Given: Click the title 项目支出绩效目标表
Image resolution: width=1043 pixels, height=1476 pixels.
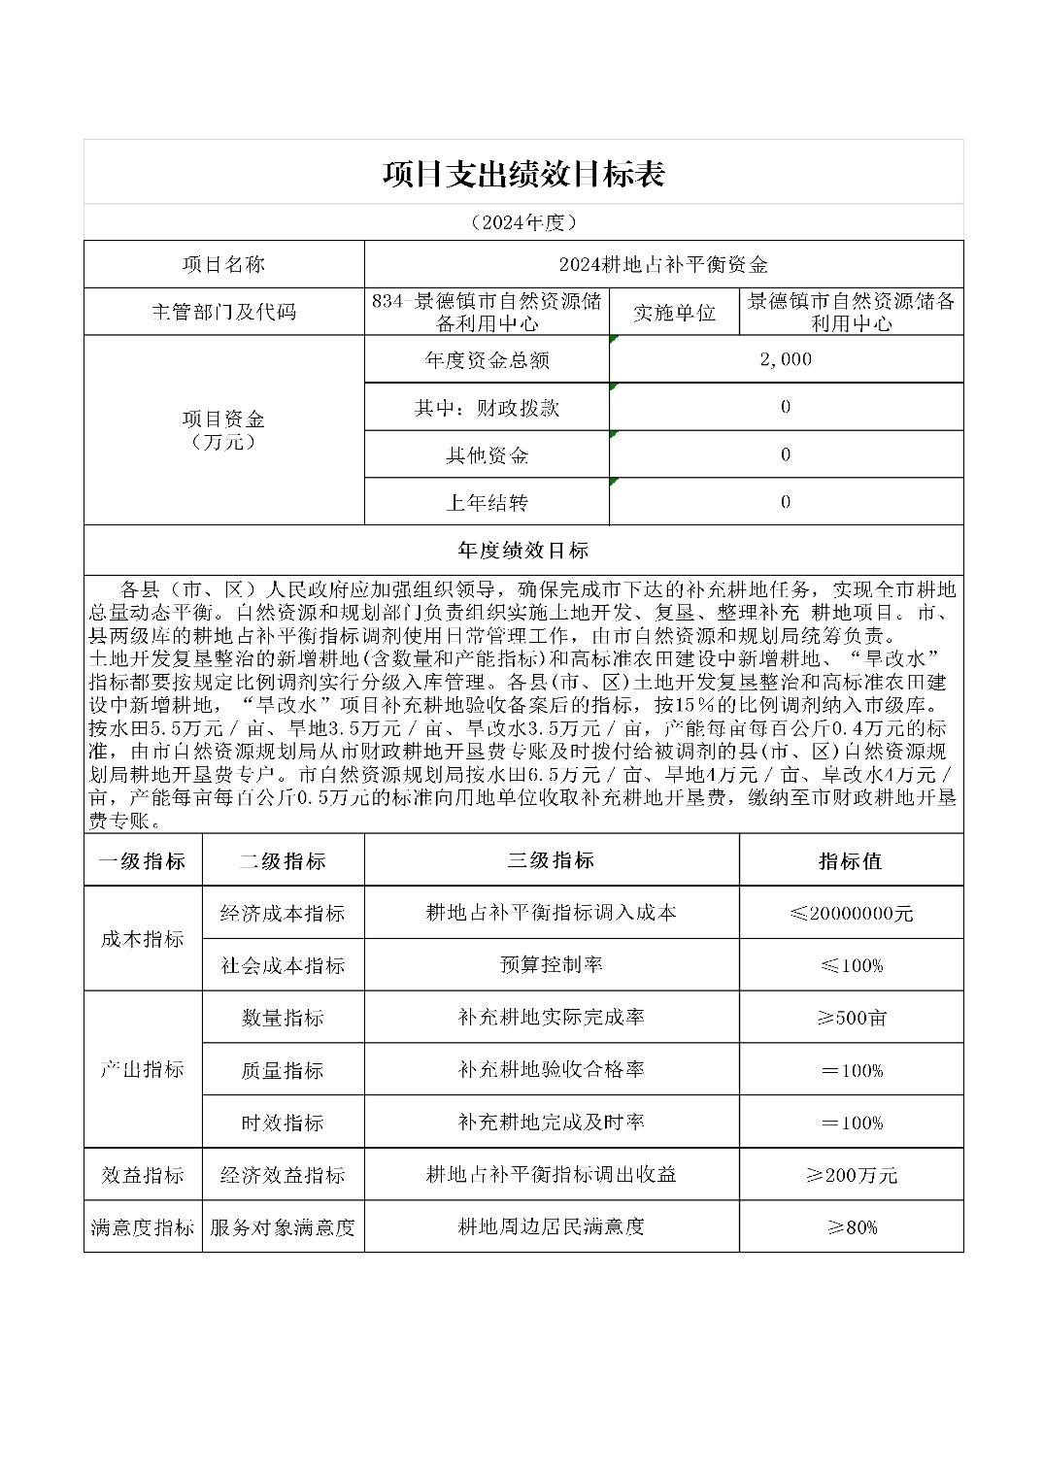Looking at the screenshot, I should click(522, 174).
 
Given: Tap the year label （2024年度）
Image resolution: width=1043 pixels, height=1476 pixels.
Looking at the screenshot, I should click(522, 222).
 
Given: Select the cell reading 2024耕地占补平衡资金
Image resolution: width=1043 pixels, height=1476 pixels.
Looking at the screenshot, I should click(663, 264).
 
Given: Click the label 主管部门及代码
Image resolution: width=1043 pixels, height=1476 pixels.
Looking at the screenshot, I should click(224, 312).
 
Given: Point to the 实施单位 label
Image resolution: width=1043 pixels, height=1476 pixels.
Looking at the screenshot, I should click(674, 312).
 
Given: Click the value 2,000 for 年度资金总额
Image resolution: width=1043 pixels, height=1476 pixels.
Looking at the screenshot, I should click(786, 359).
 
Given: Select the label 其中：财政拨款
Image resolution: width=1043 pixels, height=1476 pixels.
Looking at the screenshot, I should click(487, 407).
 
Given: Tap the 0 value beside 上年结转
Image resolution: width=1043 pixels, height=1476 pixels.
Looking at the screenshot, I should click(786, 502).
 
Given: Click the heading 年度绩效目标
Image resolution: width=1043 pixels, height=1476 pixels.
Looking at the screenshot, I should click(522, 550).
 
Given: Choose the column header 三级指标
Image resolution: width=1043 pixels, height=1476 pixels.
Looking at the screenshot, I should click(551, 860).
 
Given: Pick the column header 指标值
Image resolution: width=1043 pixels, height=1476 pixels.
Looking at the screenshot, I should click(851, 860).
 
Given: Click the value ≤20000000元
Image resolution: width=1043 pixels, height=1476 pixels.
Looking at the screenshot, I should click(851, 913).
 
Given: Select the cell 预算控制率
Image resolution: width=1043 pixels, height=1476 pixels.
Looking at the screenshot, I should click(551, 965).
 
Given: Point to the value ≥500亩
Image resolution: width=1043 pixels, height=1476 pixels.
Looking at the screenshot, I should click(851, 1018).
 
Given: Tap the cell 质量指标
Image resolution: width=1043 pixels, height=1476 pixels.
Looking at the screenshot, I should click(283, 1070).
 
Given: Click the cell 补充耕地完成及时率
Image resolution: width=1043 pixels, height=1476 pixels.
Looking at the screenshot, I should click(551, 1123).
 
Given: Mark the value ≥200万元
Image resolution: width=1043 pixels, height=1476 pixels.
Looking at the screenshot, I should click(851, 1175).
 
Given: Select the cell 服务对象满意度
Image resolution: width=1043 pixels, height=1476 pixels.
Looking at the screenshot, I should click(283, 1227).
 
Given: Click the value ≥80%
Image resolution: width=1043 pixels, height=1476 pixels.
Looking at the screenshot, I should click(851, 1227).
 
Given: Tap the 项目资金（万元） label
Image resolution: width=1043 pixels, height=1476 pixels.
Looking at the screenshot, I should click(224, 430).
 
